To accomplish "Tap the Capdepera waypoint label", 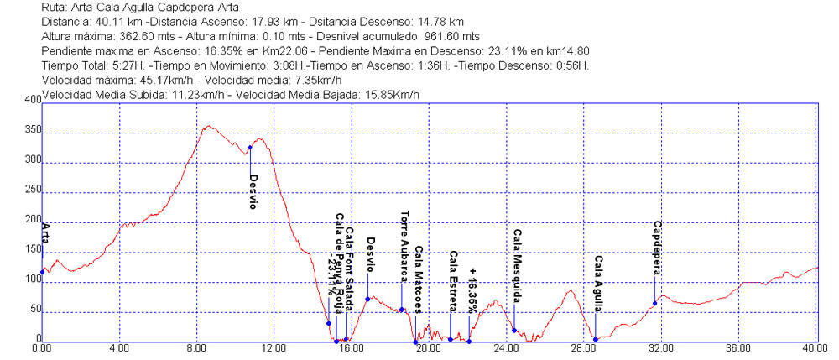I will [659, 248].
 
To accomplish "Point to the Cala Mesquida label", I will [518, 267].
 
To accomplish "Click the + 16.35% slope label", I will [473, 290].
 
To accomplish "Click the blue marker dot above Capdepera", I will [654, 303].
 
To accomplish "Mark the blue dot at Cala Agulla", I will [595, 339].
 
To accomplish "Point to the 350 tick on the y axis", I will [32, 132].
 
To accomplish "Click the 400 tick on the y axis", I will [32, 100].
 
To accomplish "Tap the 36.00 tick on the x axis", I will [738, 347].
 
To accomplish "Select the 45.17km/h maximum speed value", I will [133, 80].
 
